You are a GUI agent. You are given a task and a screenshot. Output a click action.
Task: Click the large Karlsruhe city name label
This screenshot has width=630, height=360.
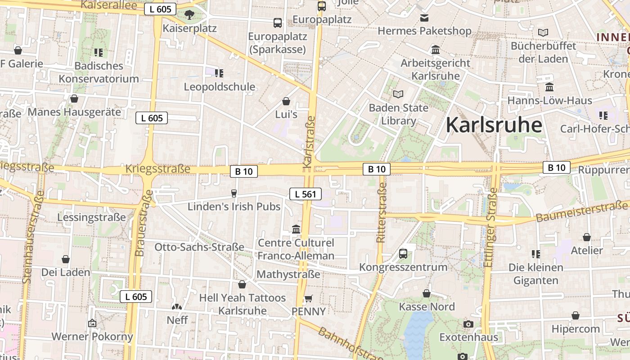494,125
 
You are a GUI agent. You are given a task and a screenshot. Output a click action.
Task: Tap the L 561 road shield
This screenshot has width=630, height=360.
306,194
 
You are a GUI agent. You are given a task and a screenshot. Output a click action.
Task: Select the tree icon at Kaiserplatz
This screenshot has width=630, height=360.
189,15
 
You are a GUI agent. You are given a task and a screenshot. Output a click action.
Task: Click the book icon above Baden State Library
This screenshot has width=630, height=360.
398,94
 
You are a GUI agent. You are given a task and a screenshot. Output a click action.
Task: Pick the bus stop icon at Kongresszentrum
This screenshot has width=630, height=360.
403,253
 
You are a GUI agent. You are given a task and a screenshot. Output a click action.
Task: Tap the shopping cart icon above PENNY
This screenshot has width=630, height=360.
308,298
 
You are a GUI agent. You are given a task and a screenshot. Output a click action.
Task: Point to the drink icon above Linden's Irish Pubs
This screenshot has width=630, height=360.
234,193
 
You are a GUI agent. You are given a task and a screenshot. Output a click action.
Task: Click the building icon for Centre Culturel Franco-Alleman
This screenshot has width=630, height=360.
296,229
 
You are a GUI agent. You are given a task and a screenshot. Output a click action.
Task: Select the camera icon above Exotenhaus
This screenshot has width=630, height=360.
468,324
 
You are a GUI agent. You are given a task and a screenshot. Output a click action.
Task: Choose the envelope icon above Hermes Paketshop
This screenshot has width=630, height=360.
424,18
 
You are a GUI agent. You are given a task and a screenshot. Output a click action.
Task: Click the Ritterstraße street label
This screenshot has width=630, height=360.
382,209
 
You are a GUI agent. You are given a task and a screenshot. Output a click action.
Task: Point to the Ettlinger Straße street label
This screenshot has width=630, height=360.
491,227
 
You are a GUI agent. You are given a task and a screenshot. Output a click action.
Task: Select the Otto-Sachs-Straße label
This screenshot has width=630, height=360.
199,247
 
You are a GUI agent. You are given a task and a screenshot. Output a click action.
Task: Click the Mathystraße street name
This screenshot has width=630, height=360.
288,274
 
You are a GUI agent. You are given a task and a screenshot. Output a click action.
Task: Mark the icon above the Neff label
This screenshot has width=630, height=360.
177,307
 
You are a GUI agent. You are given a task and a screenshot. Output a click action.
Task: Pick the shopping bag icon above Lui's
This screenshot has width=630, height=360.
286,101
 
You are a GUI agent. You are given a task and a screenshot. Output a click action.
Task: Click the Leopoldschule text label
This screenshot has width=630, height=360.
220,87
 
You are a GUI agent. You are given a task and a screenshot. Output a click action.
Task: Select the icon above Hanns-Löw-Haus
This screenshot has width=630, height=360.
549,87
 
